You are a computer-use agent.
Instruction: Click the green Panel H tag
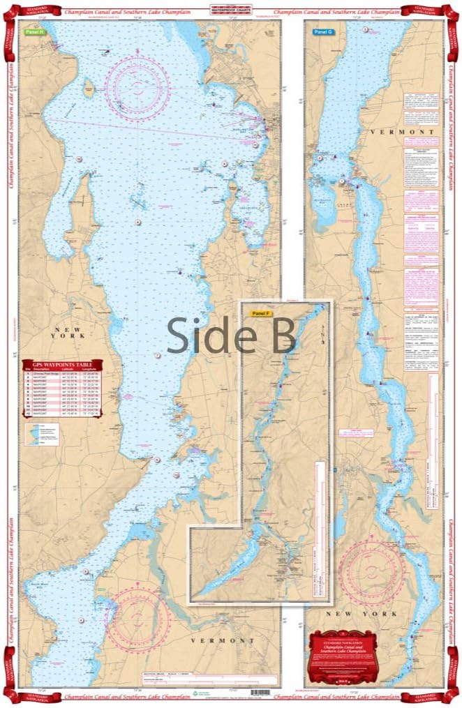point(34,32)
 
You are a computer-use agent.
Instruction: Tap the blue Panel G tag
point(323,32)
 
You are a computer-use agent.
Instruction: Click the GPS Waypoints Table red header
point(62,364)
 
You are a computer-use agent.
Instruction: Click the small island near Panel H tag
point(89,89)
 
